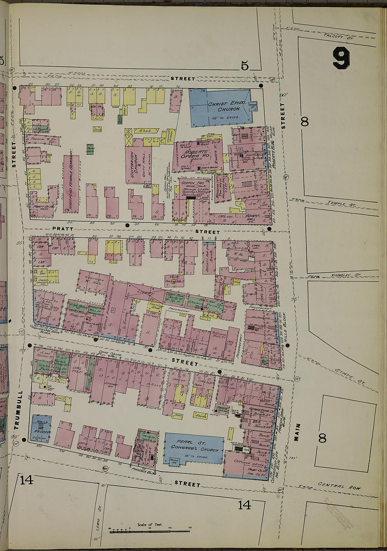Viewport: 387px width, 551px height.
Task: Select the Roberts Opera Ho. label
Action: click(x=199, y=154)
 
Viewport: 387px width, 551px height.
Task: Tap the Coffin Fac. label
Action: click(x=191, y=184)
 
